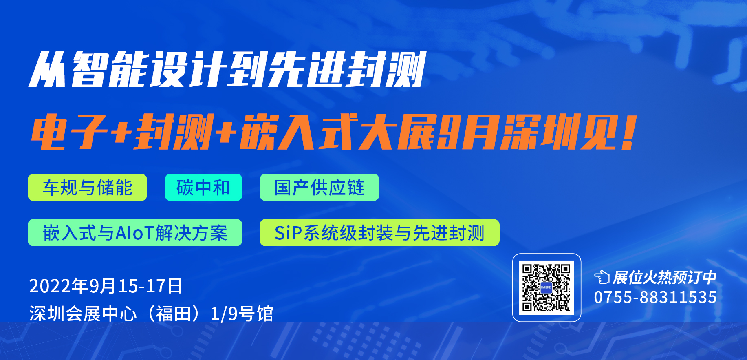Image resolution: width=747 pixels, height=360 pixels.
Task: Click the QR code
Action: (546, 287)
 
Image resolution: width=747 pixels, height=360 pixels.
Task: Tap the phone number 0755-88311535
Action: (655, 297)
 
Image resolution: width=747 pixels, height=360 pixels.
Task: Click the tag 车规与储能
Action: (87, 188)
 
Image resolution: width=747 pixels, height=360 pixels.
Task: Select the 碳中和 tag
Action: (203, 188)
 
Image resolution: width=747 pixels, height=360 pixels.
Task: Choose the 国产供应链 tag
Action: (319, 188)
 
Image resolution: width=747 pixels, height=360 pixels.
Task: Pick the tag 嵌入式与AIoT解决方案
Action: (135, 233)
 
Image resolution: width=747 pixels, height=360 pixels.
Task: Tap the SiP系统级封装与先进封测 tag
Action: (379, 233)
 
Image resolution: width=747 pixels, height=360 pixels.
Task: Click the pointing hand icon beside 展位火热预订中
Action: (602, 278)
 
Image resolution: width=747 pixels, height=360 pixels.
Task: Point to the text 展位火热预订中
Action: (664, 278)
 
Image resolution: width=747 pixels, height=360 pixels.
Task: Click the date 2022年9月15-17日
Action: (106, 286)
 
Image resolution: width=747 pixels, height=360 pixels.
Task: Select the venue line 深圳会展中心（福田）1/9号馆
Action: (151, 314)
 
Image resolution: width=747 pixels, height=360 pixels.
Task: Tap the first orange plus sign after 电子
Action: (122, 132)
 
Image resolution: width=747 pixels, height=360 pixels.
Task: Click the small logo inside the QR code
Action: (546, 287)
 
